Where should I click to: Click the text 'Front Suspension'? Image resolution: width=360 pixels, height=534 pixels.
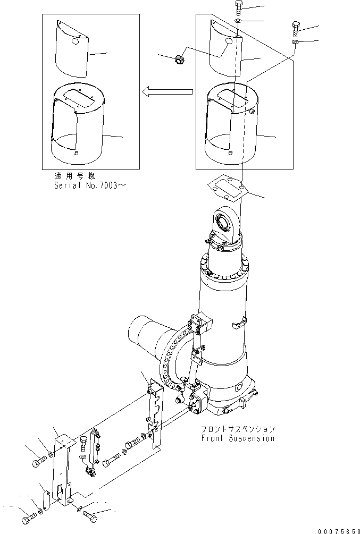238,438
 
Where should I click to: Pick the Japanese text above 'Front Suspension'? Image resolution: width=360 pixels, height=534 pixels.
238,429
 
